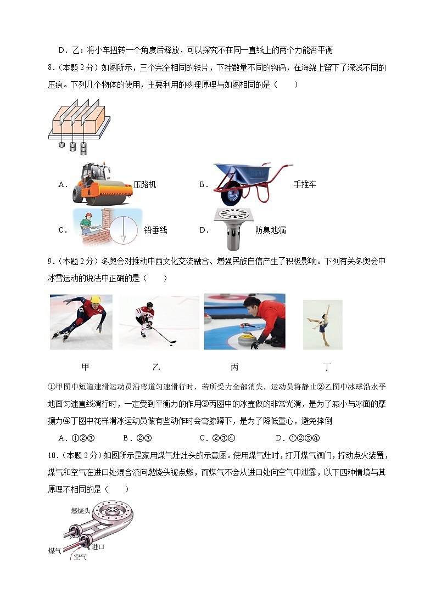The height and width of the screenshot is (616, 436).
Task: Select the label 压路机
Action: pyautogui.click(x=144, y=185)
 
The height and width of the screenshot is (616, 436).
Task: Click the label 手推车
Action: pyautogui.click(x=305, y=185)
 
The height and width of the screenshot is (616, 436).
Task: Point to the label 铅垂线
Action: pyautogui.click(x=155, y=230)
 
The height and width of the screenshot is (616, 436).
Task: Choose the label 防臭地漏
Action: pyautogui.click(x=271, y=230)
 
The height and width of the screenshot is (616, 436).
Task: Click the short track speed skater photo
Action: pyautogui.click(x=81, y=322)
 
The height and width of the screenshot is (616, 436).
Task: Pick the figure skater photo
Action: pyautogui.click(x=322, y=325)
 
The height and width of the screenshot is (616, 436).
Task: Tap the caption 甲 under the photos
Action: pyautogui.click(x=85, y=367)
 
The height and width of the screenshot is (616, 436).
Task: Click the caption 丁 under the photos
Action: pyautogui.click(x=328, y=367)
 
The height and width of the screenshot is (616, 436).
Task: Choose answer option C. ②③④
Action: pyautogui.click(x=217, y=438)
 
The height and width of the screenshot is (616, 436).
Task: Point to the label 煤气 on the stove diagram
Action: pyautogui.click(x=54, y=550)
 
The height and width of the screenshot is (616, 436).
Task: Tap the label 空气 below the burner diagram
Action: pyautogui.click(x=80, y=557)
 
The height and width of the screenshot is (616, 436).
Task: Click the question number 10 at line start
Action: pyautogui.click(x=53, y=455)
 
